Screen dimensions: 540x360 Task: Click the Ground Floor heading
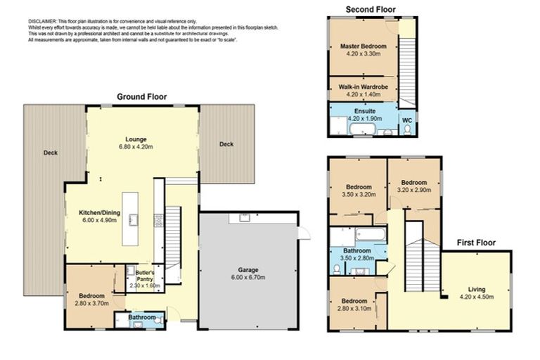coord(142,97)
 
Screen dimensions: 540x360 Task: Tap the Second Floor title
coord(371,10)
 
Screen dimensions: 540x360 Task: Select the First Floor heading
coord(476,243)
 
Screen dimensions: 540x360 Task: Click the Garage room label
coord(248,270)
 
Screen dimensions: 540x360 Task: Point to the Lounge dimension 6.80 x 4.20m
coord(136,147)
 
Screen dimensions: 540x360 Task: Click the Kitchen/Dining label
coord(100,213)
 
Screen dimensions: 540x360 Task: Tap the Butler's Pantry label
coord(145,276)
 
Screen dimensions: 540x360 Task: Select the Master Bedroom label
coord(364,46)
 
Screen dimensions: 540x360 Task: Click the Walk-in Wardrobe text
coord(364,87)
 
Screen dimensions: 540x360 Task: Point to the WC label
coord(407,120)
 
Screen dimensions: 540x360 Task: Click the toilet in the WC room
coord(407,130)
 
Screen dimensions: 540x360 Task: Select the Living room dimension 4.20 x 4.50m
coord(477,297)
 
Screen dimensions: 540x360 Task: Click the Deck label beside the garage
coord(226,144)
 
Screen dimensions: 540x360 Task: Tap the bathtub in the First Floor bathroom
coord(371,235)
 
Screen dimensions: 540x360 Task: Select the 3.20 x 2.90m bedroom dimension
coord(414,190)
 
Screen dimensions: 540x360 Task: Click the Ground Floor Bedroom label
coord(91,296)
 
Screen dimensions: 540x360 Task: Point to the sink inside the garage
coord(245,218)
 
